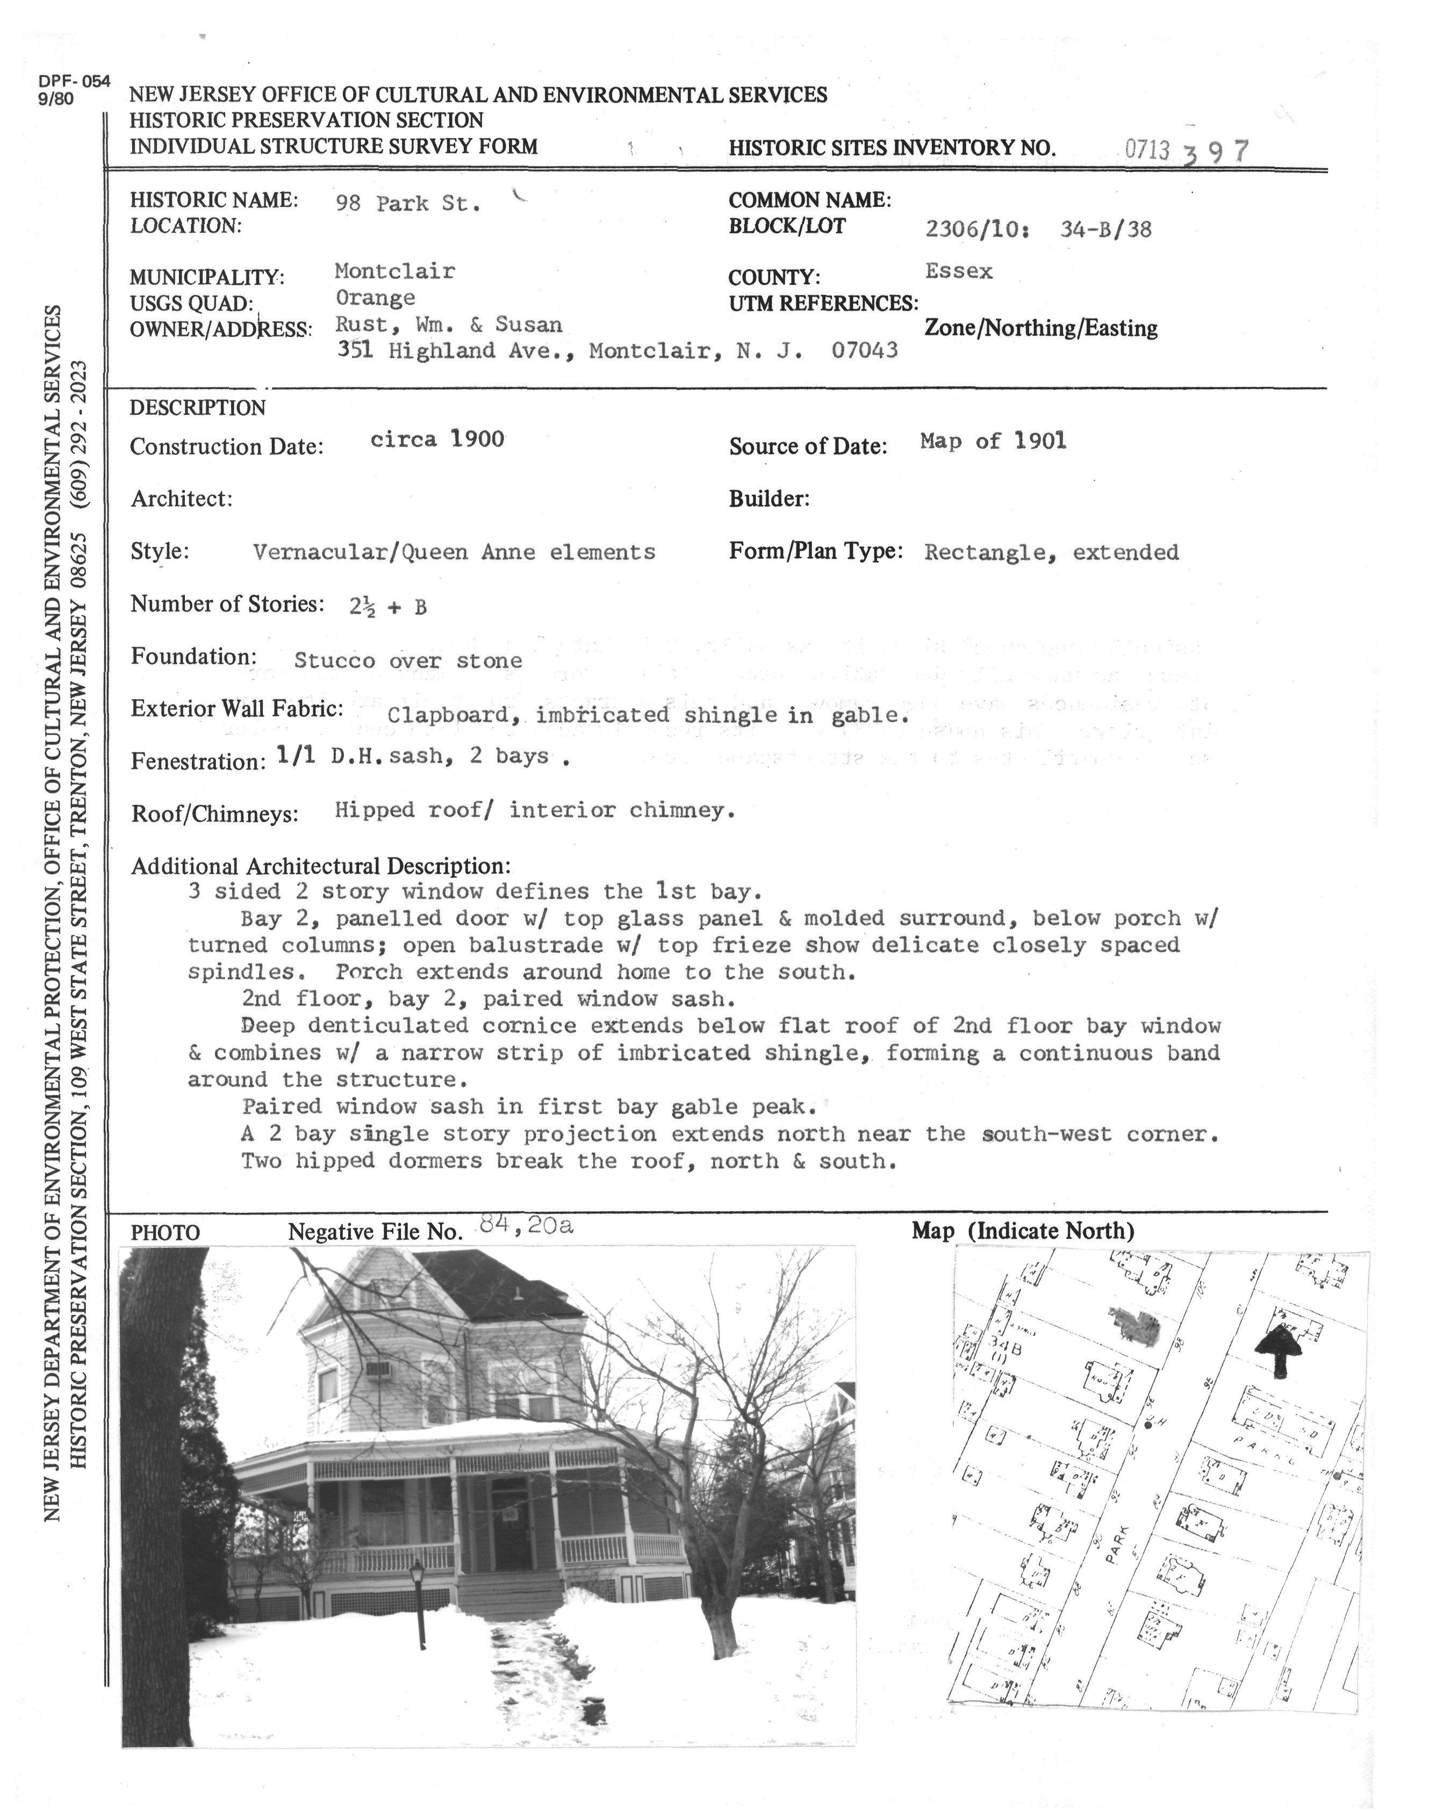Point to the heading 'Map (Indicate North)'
1022,1231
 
